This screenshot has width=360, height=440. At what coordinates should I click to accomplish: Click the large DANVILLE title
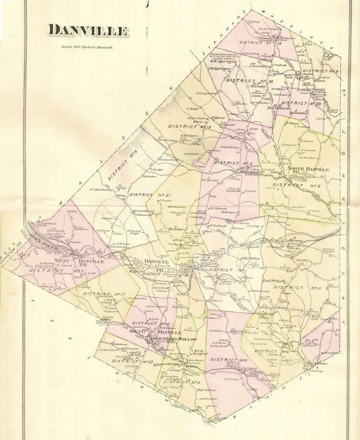87,30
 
